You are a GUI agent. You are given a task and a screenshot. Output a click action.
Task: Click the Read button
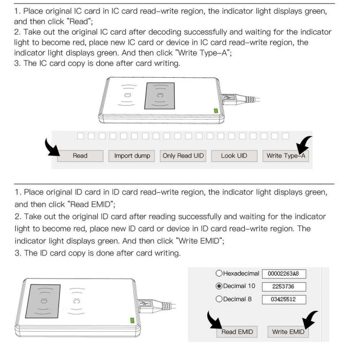click(x=80, y=156)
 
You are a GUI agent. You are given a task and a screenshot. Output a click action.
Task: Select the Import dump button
click(x=132, y=156)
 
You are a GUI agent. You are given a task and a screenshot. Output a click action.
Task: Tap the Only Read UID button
click(x=183, y=156)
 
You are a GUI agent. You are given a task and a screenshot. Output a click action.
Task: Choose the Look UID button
click(x=234, y=156)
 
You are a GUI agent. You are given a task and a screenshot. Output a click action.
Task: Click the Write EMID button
click(x=288, y=332)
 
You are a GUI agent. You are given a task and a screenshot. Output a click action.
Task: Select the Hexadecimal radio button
click(x=219, y=274)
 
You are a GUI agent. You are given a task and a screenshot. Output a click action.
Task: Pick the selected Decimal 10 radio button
click(x=219, y=286)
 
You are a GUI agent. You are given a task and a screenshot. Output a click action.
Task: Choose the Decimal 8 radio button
click(x=219, y=299)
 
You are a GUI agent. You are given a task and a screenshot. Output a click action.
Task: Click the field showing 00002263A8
click(x=284, y=274)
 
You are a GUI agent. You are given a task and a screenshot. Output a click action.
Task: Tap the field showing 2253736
click(x=284, y=287)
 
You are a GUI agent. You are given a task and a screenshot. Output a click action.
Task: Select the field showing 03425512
click(x=284, y=300)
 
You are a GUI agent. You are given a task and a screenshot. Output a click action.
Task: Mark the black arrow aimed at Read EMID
click(x=214, y=322)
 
